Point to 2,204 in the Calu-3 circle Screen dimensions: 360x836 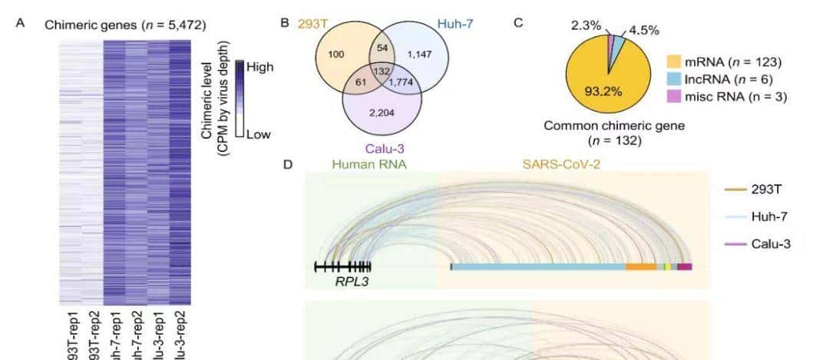[x=382, y=114]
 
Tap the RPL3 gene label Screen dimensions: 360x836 [x=350, y=282]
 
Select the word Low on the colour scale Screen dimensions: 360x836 [x=259, y=135]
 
